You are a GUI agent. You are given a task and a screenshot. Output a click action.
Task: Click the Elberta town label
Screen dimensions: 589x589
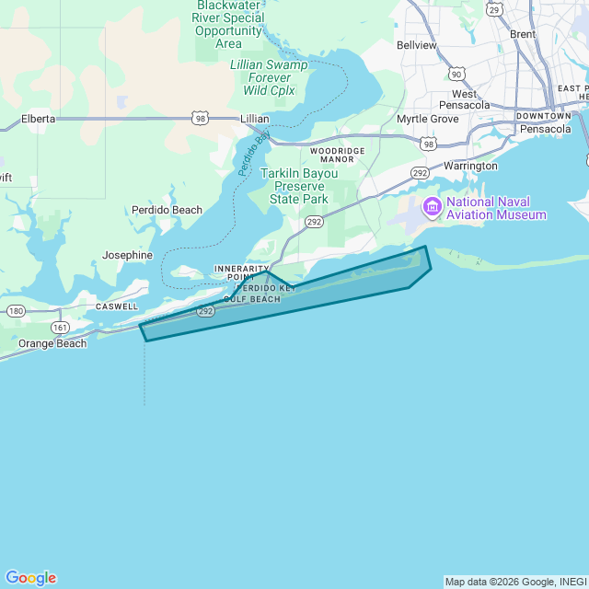[x=38, y=119]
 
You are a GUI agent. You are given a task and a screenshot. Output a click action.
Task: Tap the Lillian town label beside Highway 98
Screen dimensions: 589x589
[x=254, y=119]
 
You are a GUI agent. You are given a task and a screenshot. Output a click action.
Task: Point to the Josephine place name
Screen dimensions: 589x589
[x=127, y=255]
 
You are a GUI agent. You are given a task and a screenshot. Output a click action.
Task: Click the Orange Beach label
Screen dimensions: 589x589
[x=52, y=343]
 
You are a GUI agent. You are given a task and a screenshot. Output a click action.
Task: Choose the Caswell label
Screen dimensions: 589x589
[x=117, y=306]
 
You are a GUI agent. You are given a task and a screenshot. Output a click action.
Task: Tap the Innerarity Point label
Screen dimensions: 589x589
[x=241, y=272]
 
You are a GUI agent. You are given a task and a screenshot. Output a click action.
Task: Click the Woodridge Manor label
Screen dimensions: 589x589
[x=338, y=154]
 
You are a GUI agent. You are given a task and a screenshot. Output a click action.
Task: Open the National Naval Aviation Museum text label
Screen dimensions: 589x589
[x=496, y=208]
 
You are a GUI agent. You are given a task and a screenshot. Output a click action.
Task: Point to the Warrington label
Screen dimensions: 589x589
[x=470, y=167]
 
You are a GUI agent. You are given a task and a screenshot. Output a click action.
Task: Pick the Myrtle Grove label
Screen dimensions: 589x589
[x=427, y=120]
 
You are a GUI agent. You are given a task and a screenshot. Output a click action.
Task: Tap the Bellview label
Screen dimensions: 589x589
[x=416, y=44]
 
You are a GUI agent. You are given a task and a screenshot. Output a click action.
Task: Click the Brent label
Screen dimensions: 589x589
[x=522, y=34]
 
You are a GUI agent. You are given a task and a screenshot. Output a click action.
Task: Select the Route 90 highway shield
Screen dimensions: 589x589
[x=457, y=73]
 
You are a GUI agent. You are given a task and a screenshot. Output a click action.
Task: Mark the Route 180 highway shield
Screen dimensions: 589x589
[x=16, y=311]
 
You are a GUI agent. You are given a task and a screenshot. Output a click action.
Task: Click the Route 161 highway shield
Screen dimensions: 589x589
[x=61, y=327]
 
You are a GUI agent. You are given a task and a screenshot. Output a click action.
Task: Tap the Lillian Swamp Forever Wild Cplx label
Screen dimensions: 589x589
[x=269, y=77]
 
